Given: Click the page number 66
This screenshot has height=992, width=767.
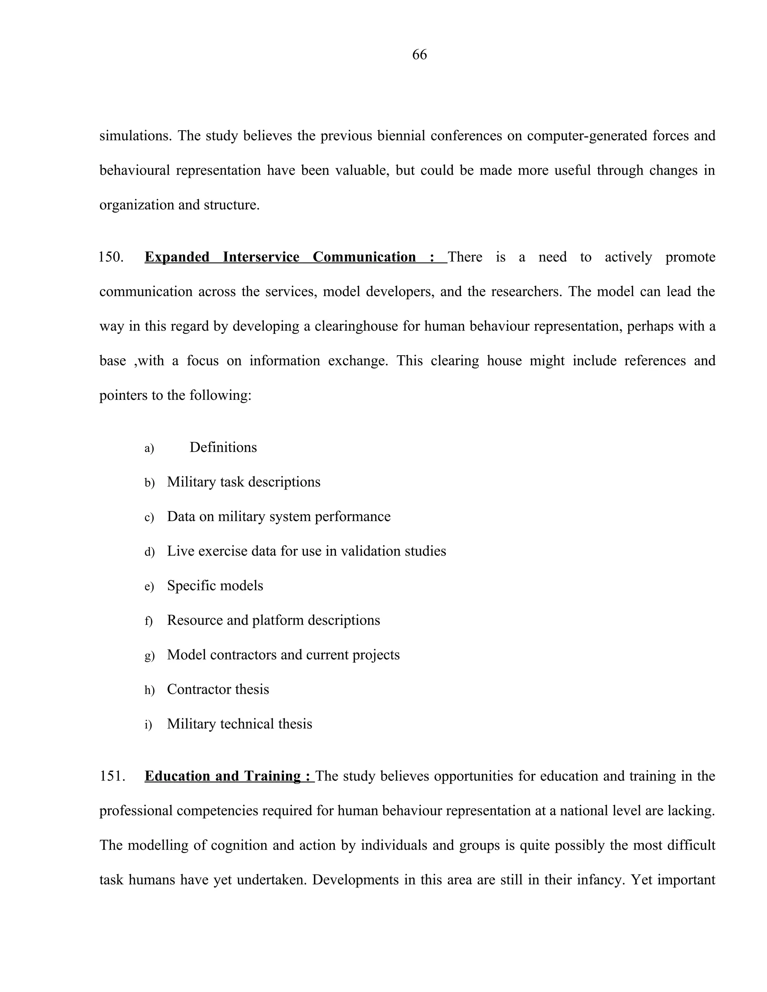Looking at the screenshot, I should pyautogui.click(x=419, y=55).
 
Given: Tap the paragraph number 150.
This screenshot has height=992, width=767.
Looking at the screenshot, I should pyautogui.click(x=111, y=257).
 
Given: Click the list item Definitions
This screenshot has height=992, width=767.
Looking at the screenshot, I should pyautogui.click(x=223, y=447).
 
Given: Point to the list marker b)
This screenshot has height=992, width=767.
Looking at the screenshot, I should pyautogui.click(x=149, y=483).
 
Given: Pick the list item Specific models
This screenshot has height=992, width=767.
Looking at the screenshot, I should pyautogui.click(x=215, y=585).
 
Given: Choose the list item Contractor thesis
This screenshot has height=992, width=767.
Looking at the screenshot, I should pyautogui.click(x=218, y=689).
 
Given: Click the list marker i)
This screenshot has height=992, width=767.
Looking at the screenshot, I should pyautogui.click(x=148, y=725).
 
